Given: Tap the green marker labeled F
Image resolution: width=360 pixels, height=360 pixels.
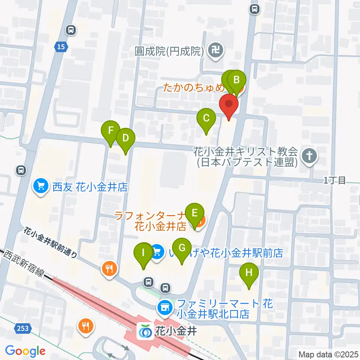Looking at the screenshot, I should (111, 131).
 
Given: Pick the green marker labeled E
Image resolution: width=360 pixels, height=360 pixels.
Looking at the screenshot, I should (195, 213).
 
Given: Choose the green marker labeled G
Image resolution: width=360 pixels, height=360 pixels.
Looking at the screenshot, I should (182, 248).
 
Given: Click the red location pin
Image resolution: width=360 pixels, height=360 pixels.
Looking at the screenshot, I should (229, 104).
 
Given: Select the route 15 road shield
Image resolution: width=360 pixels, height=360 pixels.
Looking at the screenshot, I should (61, 46).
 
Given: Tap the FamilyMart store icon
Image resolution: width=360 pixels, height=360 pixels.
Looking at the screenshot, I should (165, 308).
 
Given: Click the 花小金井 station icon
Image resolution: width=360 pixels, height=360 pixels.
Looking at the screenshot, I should (144, 331).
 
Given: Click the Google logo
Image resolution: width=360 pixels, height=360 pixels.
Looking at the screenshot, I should (25, 351).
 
